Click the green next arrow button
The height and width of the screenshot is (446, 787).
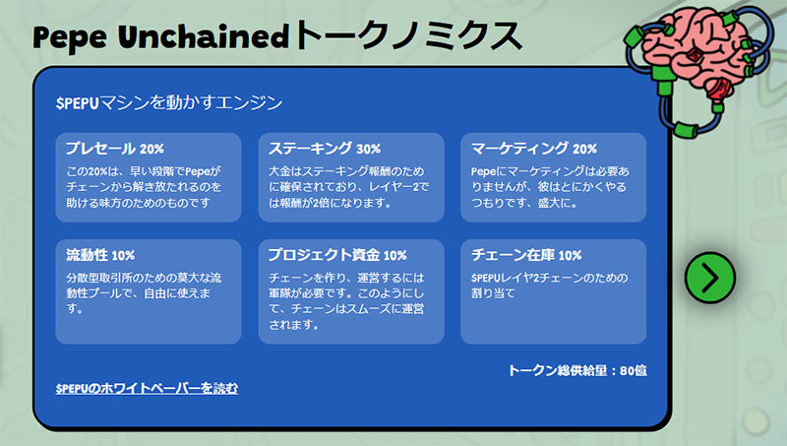pyautogui.click(x=709, y=278)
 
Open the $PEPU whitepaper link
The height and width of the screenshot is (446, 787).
pyautogui.click(x=147, y=388)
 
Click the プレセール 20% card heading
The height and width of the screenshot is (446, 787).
pyautogui.click(x=115, y=148)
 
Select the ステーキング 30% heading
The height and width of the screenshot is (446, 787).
pyautogui.click(x=325, y=148)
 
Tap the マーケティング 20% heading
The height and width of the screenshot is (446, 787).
pyautogui.click(x=534, y=148)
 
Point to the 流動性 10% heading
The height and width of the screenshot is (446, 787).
pyautogui.click(x=100, y=255)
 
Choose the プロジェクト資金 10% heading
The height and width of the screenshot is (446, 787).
pyautogui.click(x=337, y=255)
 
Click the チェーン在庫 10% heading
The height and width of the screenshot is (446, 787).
pyautogui.click(x=526, y=255)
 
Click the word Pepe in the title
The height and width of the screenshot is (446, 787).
pyautogui.click(x=69, y=38)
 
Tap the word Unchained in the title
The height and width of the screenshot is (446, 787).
pyautogui.click(x=204, y=36)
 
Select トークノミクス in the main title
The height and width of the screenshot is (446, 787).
pyautogui.click(x=408, y=35)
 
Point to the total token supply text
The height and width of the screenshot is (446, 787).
pyautogui.click(x=577, y=370)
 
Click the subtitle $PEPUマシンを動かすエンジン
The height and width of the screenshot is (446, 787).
pyautogui.click(x=168, y=103)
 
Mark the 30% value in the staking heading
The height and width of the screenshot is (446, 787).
pyautogui.click(x=368, y=149)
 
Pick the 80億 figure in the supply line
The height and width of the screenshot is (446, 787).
pyautogui.click(x=633, y=370)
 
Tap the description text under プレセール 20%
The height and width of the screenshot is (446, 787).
pyautogui.click(x=144, y=187)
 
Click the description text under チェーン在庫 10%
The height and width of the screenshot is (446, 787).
pyautogui.click(x=549, y=286)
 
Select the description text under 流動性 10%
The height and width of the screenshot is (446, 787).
pyautogui.click(x=144, y=292)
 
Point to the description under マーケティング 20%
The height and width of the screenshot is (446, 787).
pyautogui.click(x=550, y=187)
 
